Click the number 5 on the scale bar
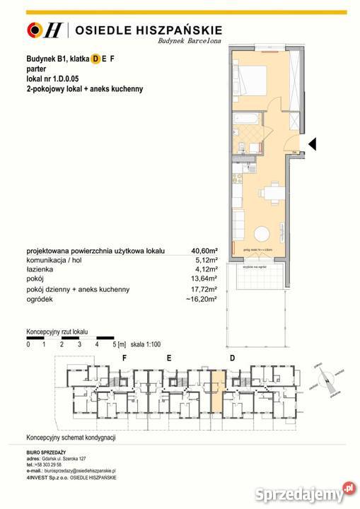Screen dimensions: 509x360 pyautogui.click(x=113, y=344)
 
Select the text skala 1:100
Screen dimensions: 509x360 pyautogui.click(x=146, y=344)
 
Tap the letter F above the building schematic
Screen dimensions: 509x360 pyautogui.click(x=124, y=358)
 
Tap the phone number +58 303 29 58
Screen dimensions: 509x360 pyautogui.click(x=54, y=464)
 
